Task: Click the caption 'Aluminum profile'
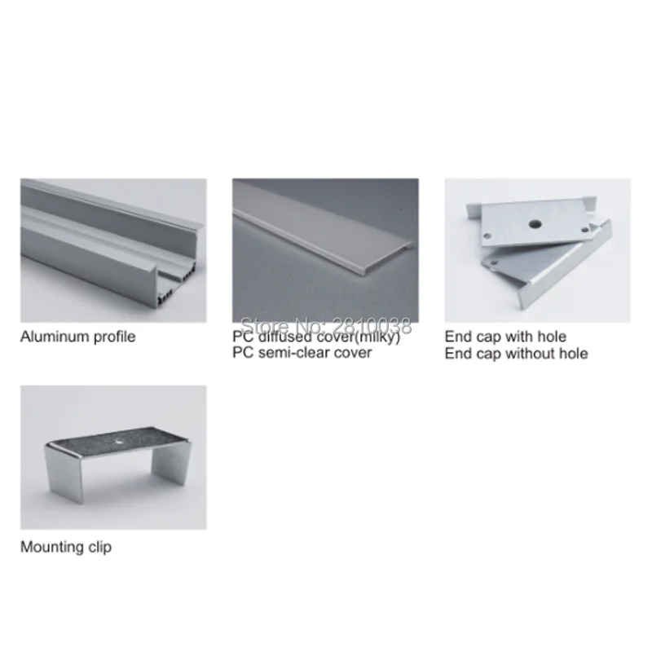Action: tap(77, 337)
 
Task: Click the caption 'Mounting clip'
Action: tap(66, 547)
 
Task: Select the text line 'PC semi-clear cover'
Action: tap(302, 353)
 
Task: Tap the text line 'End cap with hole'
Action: tap(505, 337)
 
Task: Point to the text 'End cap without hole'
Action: tap(516, 353)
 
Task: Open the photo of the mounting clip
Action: tap(113, 457)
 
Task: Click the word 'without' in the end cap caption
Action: tap(529, 353)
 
